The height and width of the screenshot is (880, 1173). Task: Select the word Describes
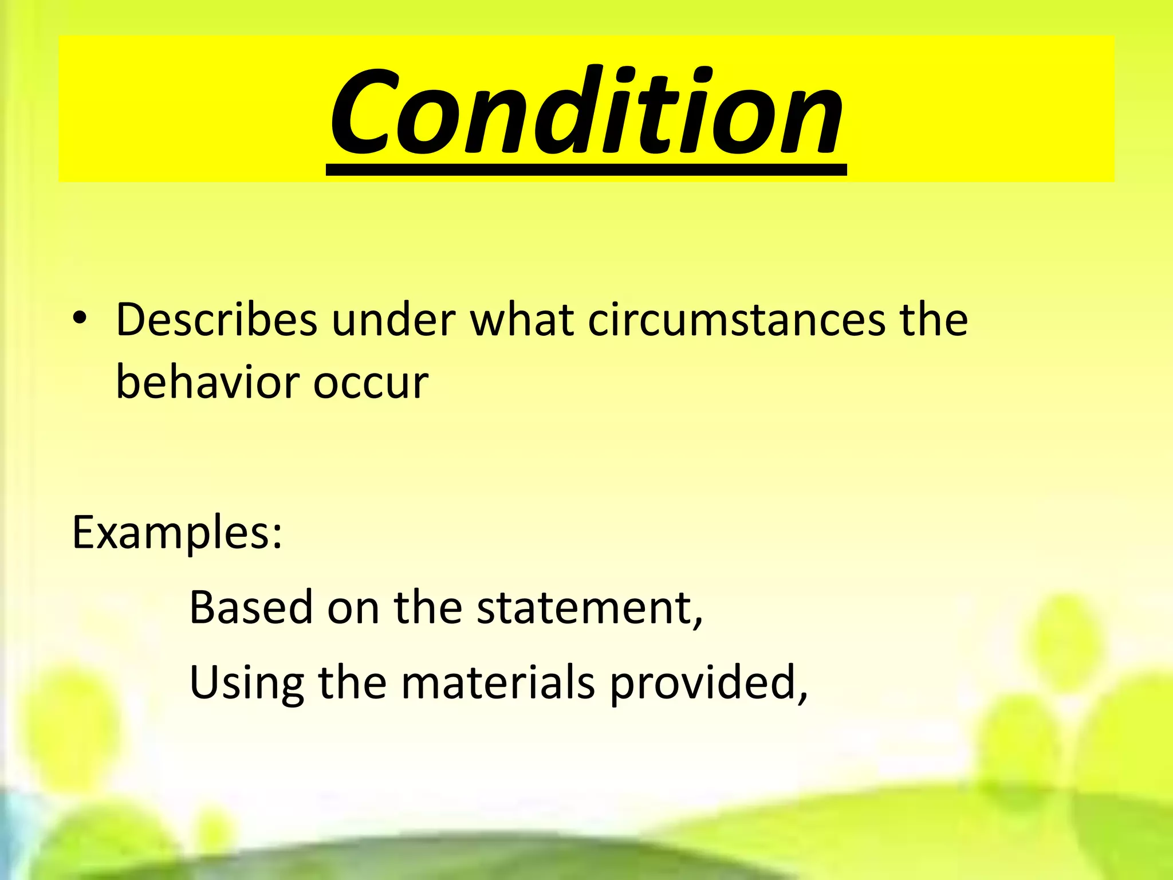[216, 320]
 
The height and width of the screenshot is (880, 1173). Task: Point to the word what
[522, 320]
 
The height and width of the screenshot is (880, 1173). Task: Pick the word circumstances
[737, 320]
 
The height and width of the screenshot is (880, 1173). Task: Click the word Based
[251, 607]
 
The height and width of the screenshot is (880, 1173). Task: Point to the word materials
[498, 683]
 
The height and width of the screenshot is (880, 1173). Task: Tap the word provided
[701, 683]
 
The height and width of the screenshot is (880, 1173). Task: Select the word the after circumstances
[934, 320]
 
